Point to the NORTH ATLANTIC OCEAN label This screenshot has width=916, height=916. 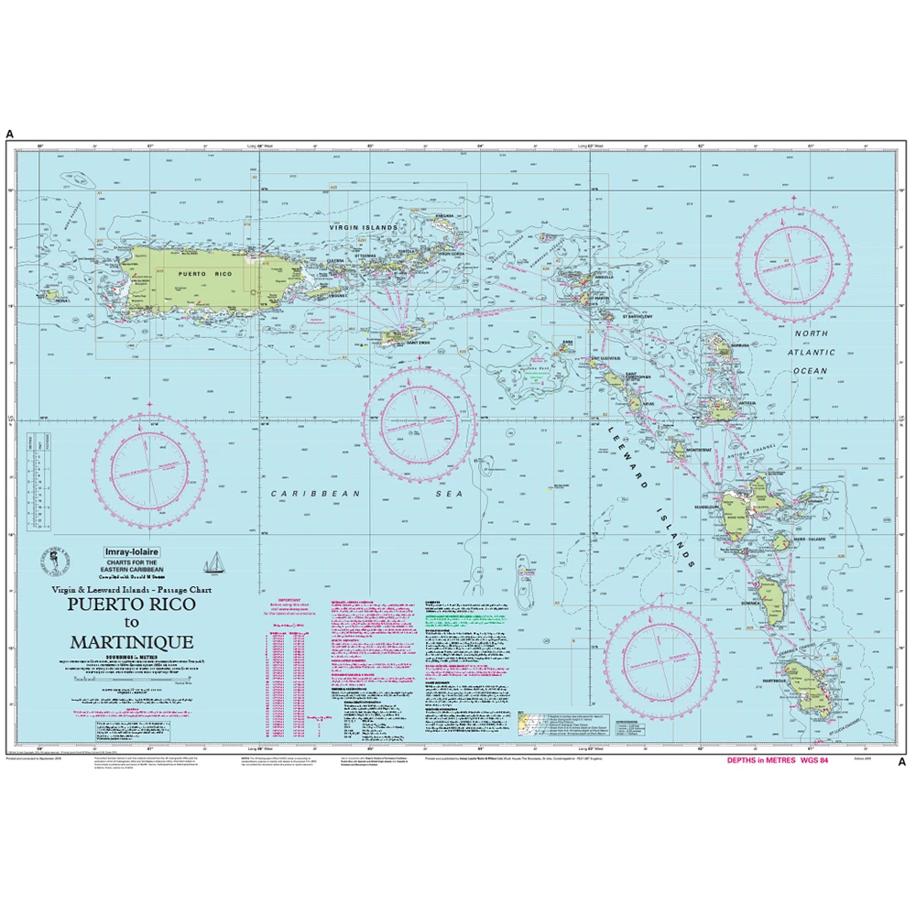[x=810, y=352]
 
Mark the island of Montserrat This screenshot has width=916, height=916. [x=680, y=450]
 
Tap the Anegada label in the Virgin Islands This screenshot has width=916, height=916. [x=445, y=217]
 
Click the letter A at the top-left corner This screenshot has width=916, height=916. [x=10, y=135]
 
